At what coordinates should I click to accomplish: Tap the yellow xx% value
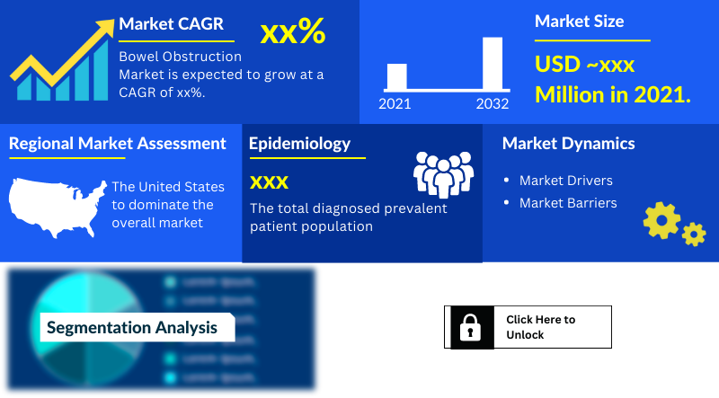[x=292, y=32]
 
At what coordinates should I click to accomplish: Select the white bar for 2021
[x=396, y=76]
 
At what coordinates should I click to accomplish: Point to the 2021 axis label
[x=395, y=104]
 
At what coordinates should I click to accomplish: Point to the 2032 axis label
[x=493, y=104]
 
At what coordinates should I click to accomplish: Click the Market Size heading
[x=579, y=21]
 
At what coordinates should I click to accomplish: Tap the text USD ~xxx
[x=585, y=64]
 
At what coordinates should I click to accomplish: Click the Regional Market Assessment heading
[x=118, y=143]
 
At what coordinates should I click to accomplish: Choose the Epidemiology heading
[x=299, y=143]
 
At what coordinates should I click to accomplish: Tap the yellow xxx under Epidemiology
[x=269, y=182]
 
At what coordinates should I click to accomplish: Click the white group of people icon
[x=442, y=174]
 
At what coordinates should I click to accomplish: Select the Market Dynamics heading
[x=568, y=143]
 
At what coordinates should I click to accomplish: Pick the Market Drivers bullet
[x=565, y=181]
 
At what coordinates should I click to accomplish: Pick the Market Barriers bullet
[x=568, y=203]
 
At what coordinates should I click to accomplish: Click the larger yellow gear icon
[x=661, y=220]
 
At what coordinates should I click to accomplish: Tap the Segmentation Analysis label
[x=132, y=327]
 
